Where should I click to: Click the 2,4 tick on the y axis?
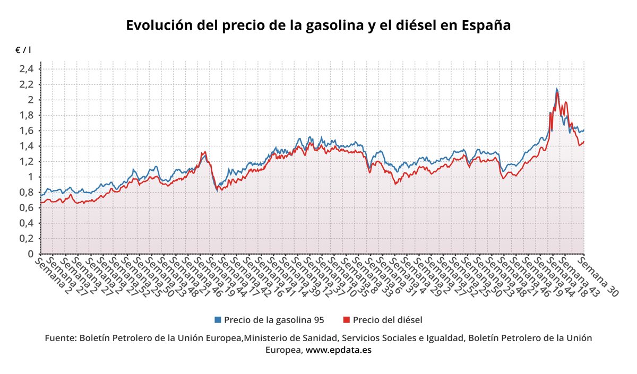[x=26, y=69]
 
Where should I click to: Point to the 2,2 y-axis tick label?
[x=26, y=84]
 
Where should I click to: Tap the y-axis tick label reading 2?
[x=31, y=100]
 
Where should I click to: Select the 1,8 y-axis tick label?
[x=26, y=115]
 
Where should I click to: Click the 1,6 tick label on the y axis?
[x=26, y=131]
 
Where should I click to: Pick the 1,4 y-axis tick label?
[x=26, y=146]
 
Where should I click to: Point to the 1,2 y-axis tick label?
[x=26, y=161]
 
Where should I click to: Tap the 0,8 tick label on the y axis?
[x=26, y=192]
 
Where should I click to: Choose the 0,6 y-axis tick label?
[x=26, y=207]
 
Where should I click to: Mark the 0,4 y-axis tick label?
[x=26, y=223]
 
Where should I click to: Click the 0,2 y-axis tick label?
[x=26, y=238]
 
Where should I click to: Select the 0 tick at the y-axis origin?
[x=31, y=254]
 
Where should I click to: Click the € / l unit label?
[x=23, y=50]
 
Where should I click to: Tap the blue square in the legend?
[x=218, y=320]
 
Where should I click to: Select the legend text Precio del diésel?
[x=387, y=320]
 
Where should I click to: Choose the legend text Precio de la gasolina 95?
[x=274, y=320]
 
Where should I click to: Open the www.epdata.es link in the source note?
[x=339, y=350]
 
